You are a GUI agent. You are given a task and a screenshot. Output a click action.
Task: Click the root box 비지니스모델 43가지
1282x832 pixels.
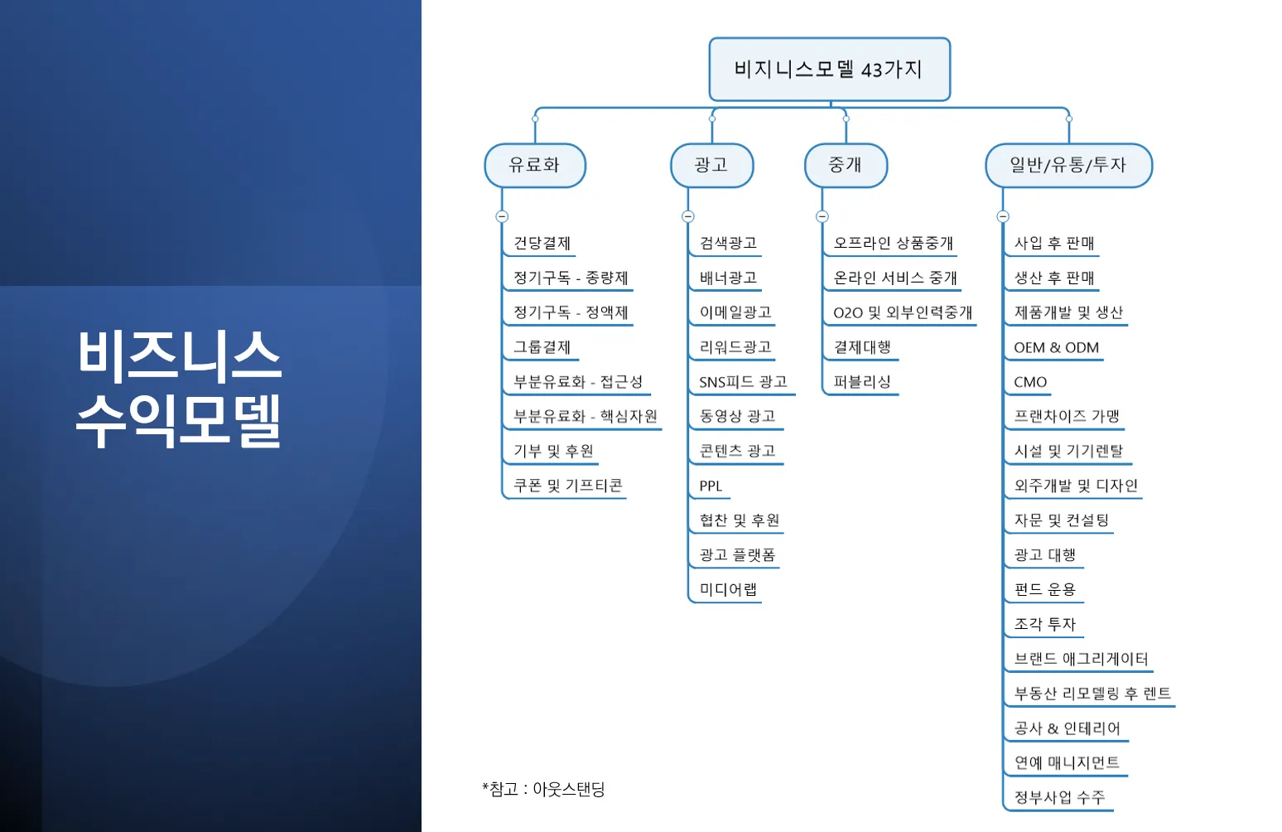[x=829, y=70]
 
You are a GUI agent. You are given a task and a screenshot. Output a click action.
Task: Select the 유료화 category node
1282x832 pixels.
[x=535, y=165]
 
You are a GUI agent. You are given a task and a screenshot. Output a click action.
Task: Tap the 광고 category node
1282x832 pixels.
[x=711, y=165]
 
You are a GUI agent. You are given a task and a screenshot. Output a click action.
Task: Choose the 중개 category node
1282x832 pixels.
[x=846, y=165]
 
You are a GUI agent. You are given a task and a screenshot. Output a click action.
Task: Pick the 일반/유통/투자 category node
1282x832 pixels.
[x=1068, y=165]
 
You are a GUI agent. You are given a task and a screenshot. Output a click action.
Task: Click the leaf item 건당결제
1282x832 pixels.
[x=542, y=243]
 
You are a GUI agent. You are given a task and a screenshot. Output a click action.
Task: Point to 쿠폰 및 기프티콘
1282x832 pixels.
[x=567, y=486]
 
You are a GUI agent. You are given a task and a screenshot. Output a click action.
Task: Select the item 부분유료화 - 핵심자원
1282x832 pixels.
[x=585, y=416]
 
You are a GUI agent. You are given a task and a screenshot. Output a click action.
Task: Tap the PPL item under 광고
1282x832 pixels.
[x=711, y=486]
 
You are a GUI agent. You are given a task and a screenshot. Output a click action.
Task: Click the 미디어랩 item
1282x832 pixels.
[x=728, y=589]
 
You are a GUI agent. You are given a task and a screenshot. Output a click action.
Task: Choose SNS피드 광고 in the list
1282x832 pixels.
[x=743, y=382]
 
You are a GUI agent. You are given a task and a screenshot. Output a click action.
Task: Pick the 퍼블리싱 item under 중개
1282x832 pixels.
[x=862, y=382]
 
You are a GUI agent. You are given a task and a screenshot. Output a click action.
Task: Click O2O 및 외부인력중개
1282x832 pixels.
[x=903, y=312]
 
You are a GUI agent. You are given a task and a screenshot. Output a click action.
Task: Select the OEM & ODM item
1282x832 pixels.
[x=1056, y=347]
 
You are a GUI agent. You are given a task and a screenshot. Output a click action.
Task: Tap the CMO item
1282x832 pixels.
[x=1030, y=382]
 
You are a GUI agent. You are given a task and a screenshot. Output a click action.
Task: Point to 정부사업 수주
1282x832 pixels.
[x=1059, y=797]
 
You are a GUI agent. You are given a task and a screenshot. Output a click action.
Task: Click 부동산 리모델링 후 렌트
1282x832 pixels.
[x=1092, y=694]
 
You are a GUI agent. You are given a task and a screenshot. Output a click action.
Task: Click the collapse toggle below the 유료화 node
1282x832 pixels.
[x=502, y=216]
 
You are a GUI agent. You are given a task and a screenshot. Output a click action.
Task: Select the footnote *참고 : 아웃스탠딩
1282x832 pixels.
[x=543, y=789]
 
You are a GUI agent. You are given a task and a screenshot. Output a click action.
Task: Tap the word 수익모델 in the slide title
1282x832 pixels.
[x=179, y=421]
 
